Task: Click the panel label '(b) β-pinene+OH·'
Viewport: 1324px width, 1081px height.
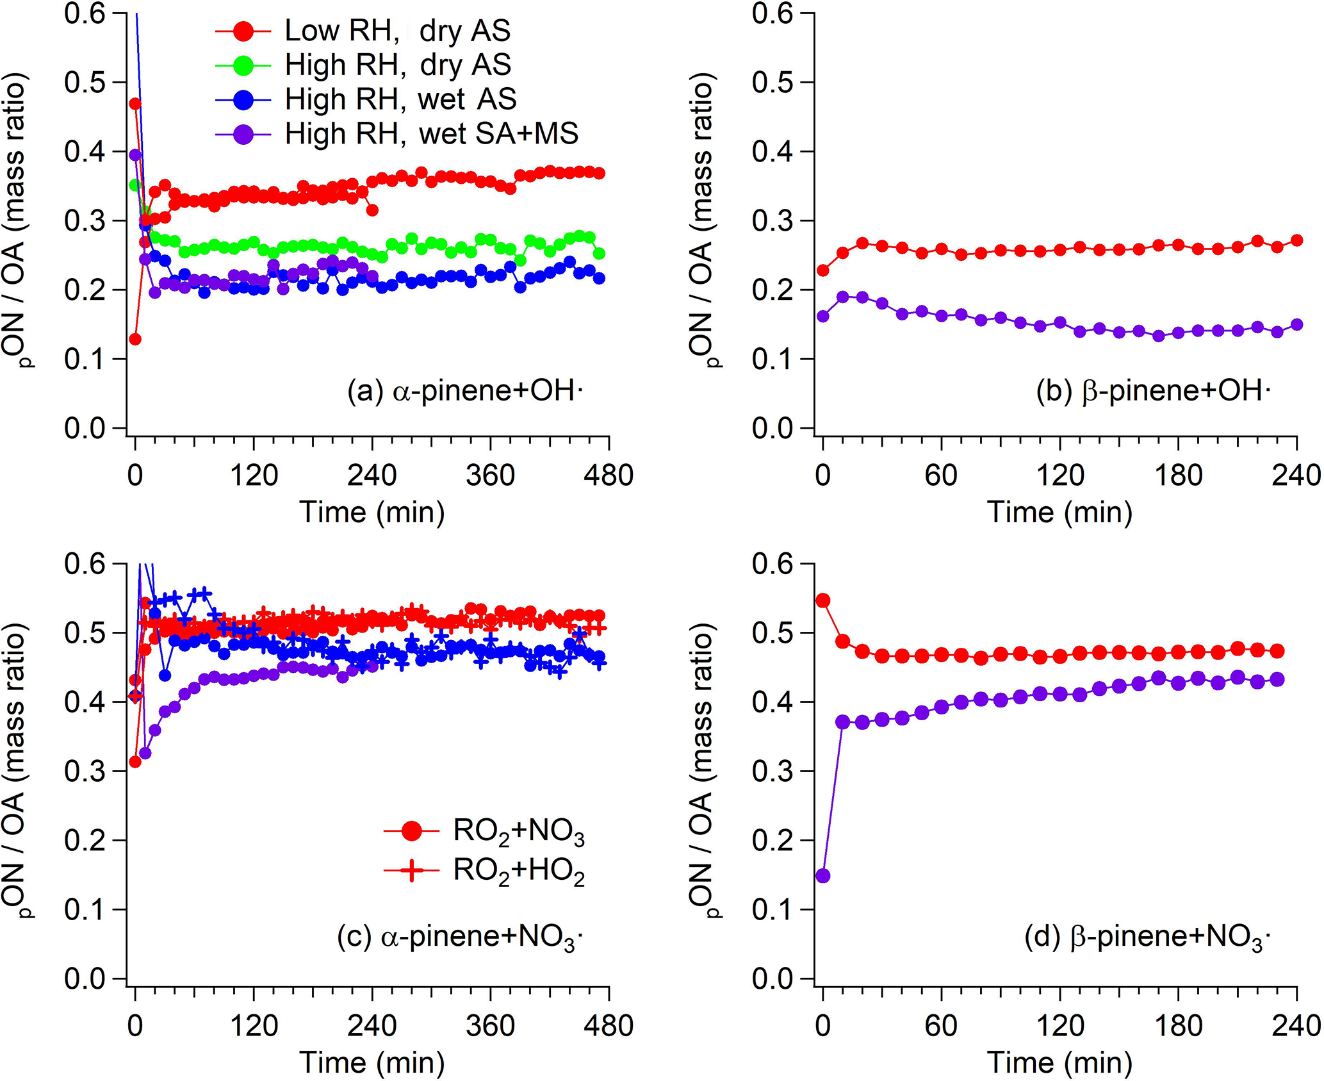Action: pos(1154,391)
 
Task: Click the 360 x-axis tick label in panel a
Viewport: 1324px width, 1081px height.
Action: pos(491,476)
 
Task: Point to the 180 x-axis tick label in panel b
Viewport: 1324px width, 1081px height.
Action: pos(1178,476)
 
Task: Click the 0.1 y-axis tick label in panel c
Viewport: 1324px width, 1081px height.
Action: pos(85,909)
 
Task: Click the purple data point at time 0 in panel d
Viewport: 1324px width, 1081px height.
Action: pos(823,875)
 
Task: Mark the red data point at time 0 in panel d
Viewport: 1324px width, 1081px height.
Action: pos(823,600)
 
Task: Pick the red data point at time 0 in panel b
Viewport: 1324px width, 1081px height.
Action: pos(823,270)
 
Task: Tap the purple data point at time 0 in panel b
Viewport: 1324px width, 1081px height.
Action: pos(823,316)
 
